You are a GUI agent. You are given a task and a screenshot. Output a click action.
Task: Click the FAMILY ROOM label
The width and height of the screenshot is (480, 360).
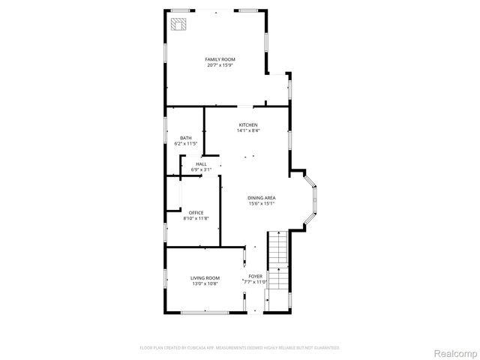point(220,59)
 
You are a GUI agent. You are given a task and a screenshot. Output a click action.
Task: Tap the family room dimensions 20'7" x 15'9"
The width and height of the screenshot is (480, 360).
point(220,65)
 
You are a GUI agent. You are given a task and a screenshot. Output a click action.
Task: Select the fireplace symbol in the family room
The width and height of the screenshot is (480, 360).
point(178,25)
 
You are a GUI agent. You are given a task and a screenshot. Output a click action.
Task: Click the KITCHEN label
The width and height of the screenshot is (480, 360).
point(248,124)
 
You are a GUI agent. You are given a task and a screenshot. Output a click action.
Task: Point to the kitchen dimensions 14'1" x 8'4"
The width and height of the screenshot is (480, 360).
point(248,131)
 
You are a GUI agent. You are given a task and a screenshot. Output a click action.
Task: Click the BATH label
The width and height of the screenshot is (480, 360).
point(185,137)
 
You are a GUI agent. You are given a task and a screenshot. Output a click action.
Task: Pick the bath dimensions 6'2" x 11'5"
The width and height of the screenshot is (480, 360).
point(185,143)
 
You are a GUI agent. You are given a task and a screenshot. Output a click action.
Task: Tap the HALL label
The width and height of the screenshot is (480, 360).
point(202,164)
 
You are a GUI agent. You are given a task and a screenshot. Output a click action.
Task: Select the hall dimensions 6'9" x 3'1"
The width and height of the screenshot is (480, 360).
point(202,170)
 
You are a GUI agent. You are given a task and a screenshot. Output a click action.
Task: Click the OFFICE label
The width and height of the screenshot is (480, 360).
point(196,212)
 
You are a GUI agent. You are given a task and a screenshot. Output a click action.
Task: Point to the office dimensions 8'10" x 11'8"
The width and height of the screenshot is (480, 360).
point(196,218)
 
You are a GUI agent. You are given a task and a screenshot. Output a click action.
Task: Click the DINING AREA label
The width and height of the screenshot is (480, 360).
point(262,197)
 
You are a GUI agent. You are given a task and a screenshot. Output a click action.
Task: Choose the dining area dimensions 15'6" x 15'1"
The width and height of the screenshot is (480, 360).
point(262,203)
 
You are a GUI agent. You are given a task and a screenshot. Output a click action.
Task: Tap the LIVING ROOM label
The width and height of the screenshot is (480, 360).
point(205,277)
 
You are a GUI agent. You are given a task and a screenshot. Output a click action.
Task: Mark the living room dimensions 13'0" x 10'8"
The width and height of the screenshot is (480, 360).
point(205,283)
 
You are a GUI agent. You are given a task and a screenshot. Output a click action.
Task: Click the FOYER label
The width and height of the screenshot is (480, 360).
point(256,276)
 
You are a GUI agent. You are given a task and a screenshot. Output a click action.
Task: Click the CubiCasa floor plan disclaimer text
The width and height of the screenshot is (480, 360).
point(240,348)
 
